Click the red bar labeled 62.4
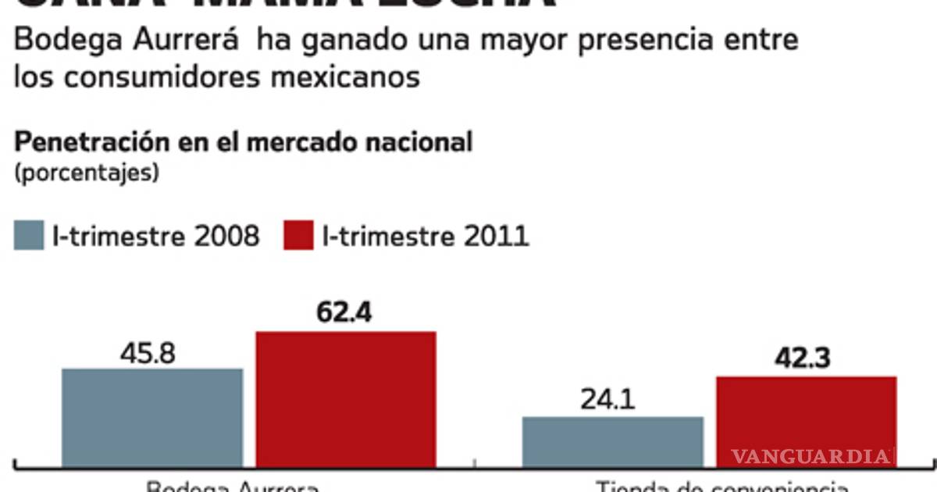[346, 399]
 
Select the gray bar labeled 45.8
[152, 418]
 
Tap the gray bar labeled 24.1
[612, 442]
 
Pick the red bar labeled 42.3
[806, 422]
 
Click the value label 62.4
[344, 312]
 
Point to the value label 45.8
[148, 354]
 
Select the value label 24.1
[607, 400]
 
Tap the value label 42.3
[803, 358]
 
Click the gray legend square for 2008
[29, 235]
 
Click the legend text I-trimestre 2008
[155, 235]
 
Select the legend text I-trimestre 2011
[426, 235]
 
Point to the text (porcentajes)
[87, 172]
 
